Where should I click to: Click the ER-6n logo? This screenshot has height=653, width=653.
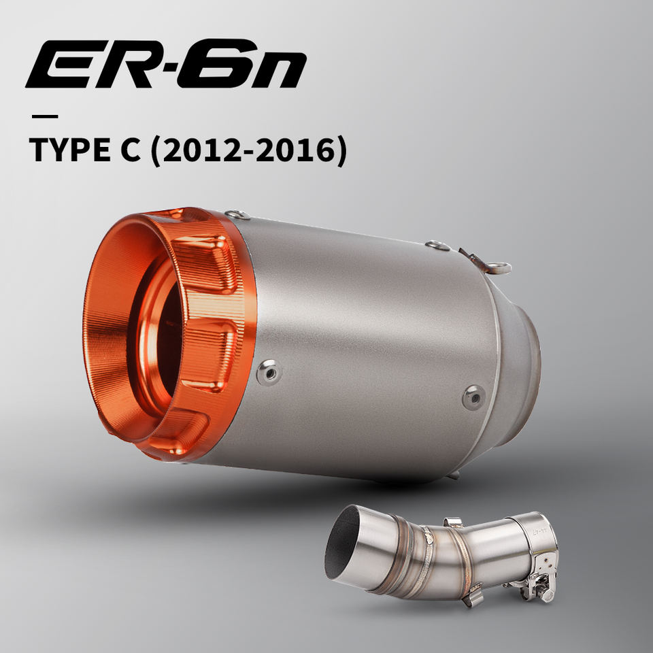(x=166, y=64)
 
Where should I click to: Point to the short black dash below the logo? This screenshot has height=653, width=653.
(x=45, y=116)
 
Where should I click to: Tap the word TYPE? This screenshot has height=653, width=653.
(x=69, y=150)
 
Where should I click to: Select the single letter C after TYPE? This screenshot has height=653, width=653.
(x=131, y=150)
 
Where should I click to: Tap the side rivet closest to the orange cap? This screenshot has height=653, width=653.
(x=269, y=372)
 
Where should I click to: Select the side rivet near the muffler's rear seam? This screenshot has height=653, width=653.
(x=474, y=397)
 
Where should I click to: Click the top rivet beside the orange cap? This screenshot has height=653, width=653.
(x=238, y=215)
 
